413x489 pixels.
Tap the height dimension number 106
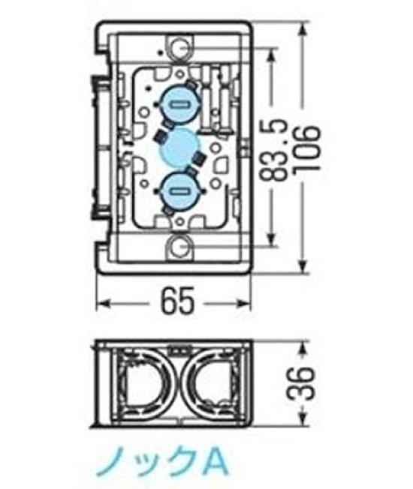point(309,148)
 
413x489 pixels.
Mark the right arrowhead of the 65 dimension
point(251,304)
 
